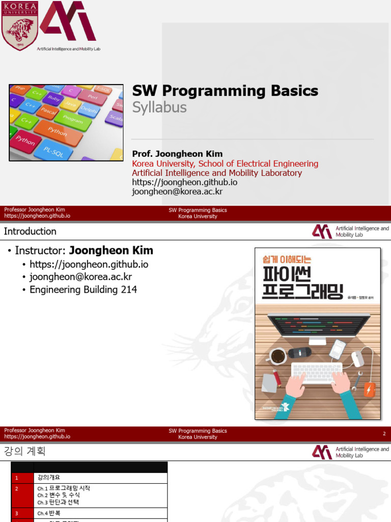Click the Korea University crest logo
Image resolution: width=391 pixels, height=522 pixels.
[x=19, y=25]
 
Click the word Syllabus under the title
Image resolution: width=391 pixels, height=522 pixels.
[x=159, y=108]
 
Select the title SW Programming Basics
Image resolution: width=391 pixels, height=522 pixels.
[x=225, y=91]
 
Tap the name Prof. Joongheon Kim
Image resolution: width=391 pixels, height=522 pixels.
[x=177, y=154]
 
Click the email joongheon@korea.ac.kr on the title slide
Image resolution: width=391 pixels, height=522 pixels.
[x=177, y=192]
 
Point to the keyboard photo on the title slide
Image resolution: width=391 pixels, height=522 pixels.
[x=66, y=122]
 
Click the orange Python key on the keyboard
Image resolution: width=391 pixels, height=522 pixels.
[x=58, y=132]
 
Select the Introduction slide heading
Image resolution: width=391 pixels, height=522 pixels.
[x=30, y=231]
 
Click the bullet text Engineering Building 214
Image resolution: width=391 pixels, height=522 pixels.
[x=83, y=290]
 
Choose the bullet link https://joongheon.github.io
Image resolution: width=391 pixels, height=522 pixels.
[x=89, y=264]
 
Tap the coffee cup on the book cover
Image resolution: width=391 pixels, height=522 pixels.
[x=278, y=356]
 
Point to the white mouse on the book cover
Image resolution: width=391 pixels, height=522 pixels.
[x=358, y=358]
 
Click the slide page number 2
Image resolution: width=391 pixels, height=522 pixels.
[x=384, y=434]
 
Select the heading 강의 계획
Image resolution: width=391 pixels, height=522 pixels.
[x=24, y=452]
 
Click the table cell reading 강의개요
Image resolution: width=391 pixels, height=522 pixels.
[x=49, y=478]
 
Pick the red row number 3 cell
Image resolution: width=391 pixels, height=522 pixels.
[x=17, y=513]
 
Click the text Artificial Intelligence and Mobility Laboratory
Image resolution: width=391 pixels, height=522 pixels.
[x=217, y=173]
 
